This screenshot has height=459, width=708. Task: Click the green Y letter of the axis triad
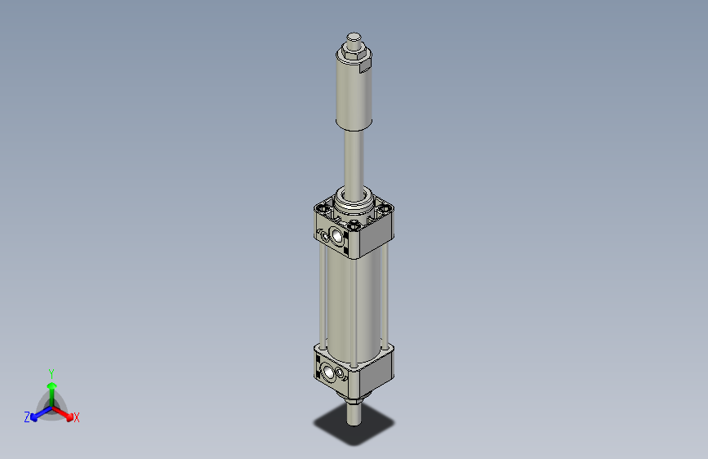51,372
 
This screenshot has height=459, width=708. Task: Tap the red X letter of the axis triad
77,418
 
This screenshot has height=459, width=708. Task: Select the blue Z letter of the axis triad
27,417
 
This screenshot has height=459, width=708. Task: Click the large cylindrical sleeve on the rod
354,94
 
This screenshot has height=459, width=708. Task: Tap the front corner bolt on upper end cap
353,228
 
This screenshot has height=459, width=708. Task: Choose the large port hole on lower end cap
330,374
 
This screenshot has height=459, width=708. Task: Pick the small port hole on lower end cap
320,370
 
